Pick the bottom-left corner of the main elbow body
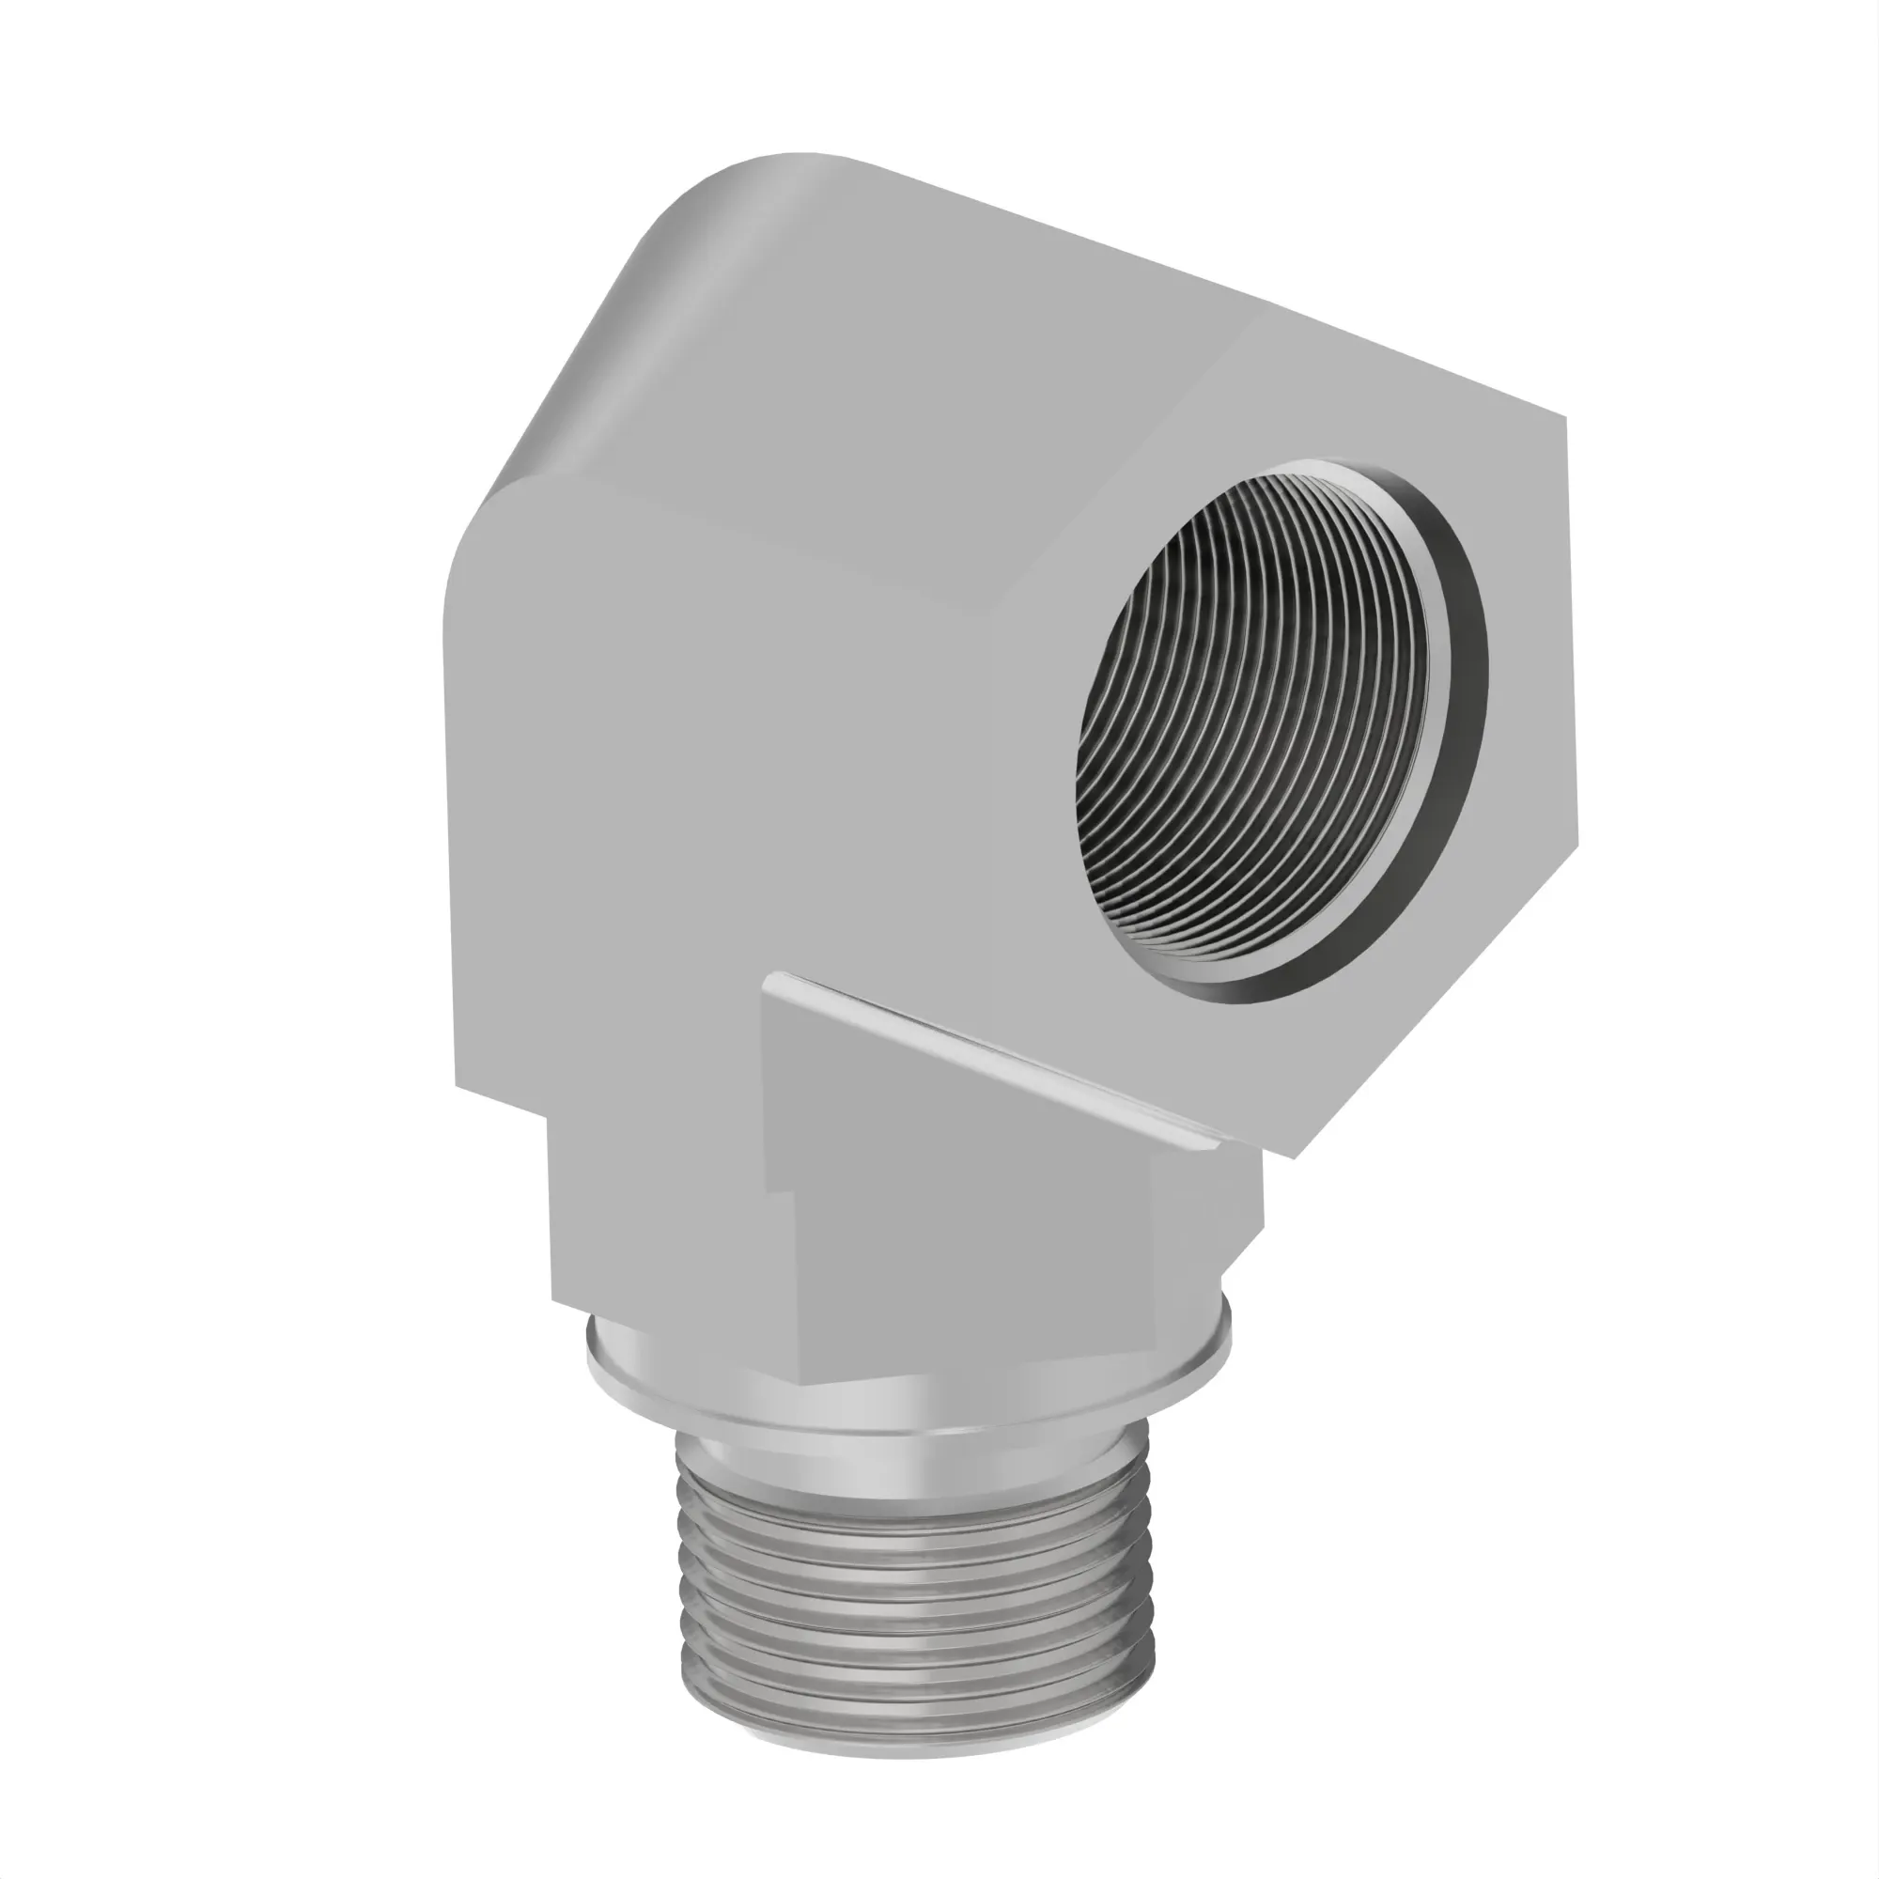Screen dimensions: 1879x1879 (458, 1084)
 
